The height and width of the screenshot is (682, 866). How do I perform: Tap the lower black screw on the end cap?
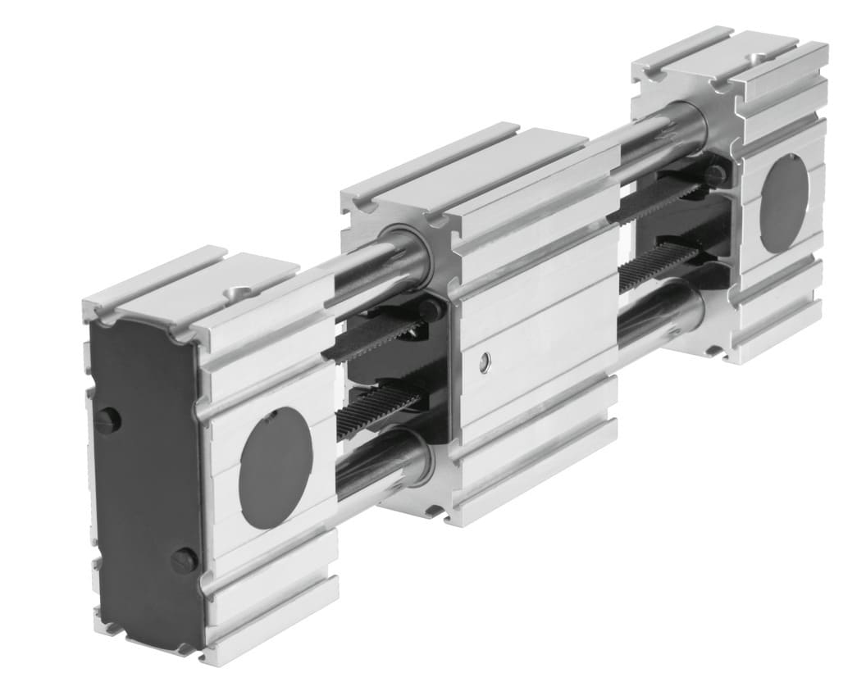pyautogui.click(x=184, y=561)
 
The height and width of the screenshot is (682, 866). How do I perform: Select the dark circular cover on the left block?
pyautogui.click(x=276, y=468)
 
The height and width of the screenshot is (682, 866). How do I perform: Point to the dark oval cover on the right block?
pyautogui.click(x=783, y=203)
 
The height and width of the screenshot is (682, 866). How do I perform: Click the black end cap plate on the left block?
pyautogui.click(x=144, y=484)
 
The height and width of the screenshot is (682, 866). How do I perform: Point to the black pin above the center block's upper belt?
pyautogui.click(x=430, y=310)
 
